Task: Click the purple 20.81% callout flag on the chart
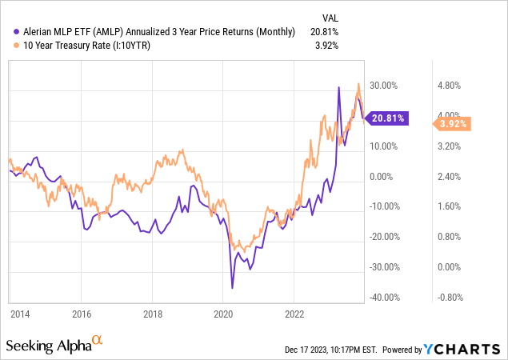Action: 387,118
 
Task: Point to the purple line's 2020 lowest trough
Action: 232,287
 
